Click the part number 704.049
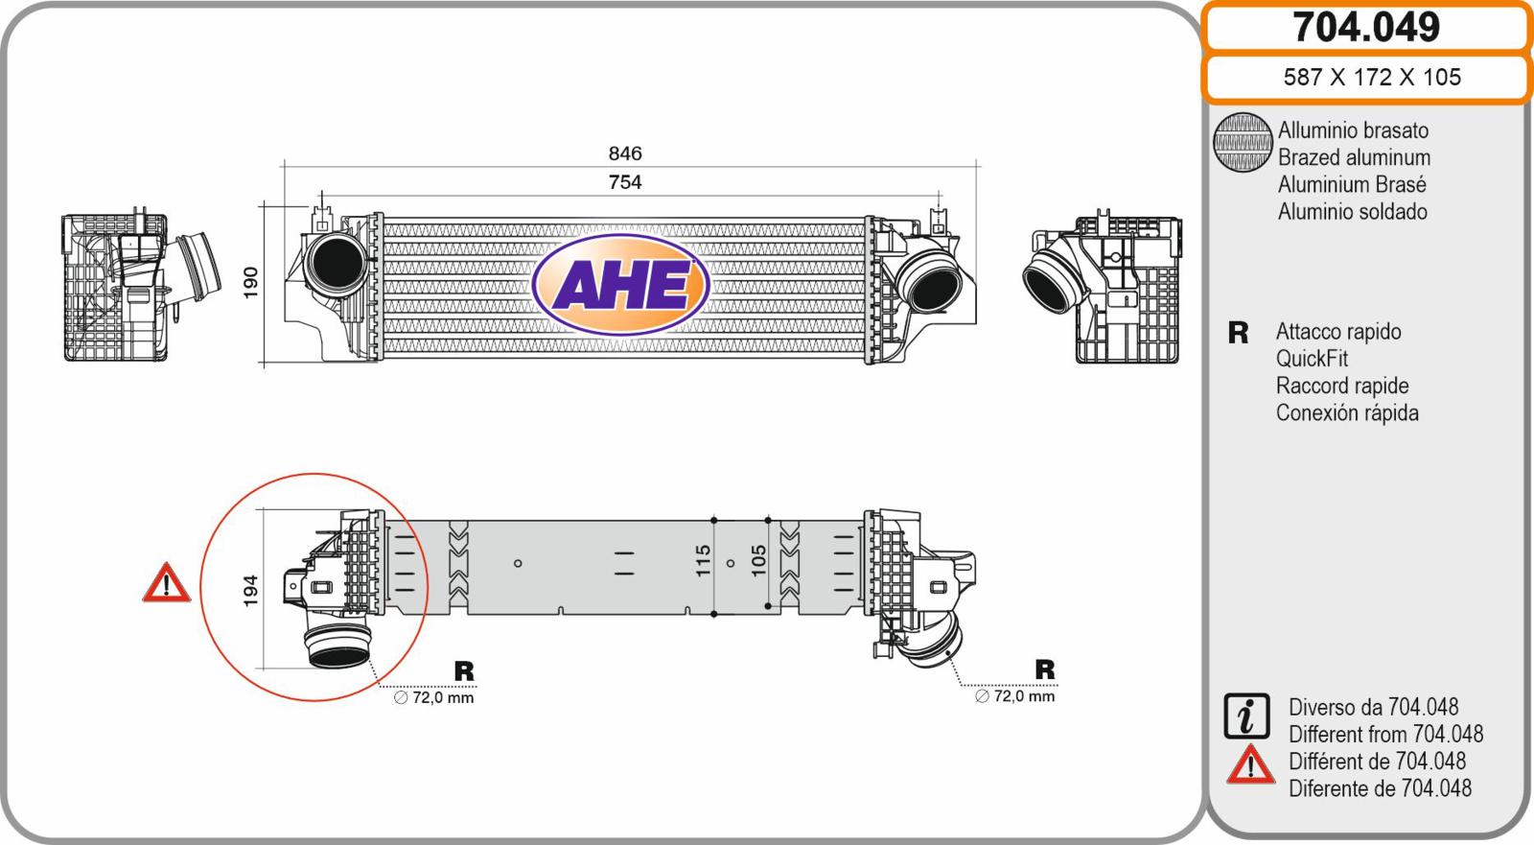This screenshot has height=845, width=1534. pos(1366,27)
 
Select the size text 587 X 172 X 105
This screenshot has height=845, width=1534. pos(1372,77)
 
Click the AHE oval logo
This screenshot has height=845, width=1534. pos(620,285)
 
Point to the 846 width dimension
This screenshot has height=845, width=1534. pos(625,153)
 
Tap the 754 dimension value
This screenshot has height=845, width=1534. pos(625,181)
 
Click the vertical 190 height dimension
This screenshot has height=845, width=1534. pos(250,282)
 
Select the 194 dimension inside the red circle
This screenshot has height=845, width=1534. pos(250,590)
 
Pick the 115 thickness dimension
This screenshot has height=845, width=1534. pos(704,560)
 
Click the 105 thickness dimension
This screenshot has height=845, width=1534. pos(758,560)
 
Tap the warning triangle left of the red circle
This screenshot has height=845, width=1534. pos(167,583)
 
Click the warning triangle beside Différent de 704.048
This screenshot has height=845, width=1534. pos(1250,764)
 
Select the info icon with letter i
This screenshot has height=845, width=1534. pos(1246,716)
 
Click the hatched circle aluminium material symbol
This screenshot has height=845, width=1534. pos(1243,142)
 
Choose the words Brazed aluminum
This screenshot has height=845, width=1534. pos(1354,157)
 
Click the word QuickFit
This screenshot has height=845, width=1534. pos(1312,359)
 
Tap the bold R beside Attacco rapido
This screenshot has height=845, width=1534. pos(1238,333)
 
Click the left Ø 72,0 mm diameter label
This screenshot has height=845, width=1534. pos(434,697)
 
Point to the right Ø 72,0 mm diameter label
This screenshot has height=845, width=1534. pos(1015,696)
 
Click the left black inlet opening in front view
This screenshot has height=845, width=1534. pos(337,264)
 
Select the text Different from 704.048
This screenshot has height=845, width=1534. pos(1385,734)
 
